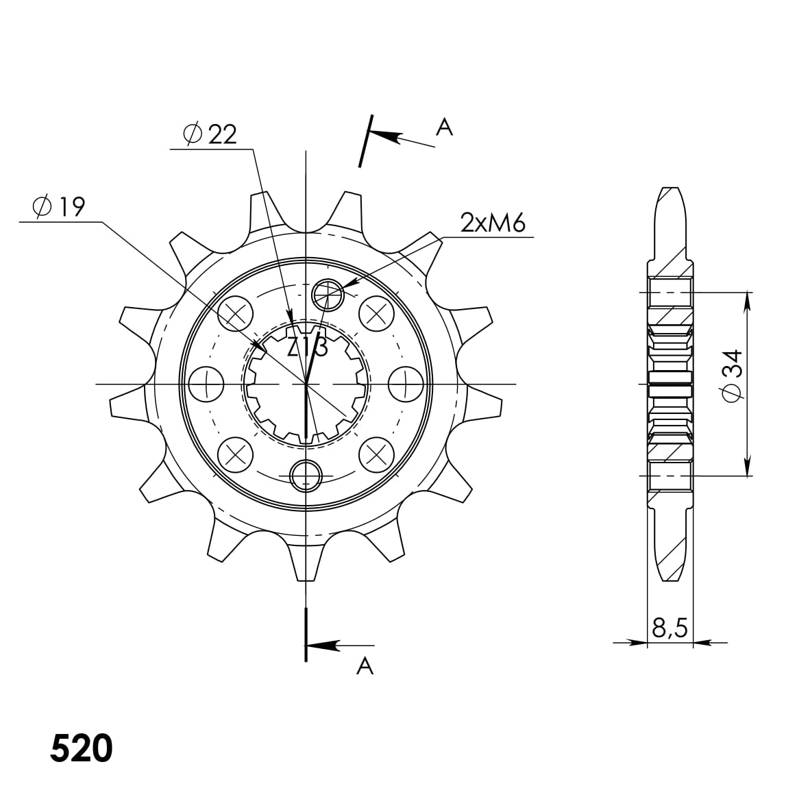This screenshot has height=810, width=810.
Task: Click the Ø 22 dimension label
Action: (x=210, y=134)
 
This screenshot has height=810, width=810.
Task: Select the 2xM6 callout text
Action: (x=492, y=223)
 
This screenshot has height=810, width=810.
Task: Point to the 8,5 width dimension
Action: (x=670, y=628)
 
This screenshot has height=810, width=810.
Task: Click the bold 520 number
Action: (x=81, y=749)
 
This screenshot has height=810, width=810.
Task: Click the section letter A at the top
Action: (x=445, y=127)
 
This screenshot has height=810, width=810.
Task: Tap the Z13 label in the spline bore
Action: (x=306, y=348)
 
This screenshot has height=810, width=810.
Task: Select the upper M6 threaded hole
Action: (x=327, y=295)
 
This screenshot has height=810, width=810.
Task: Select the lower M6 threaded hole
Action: (x=306, y=474)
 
